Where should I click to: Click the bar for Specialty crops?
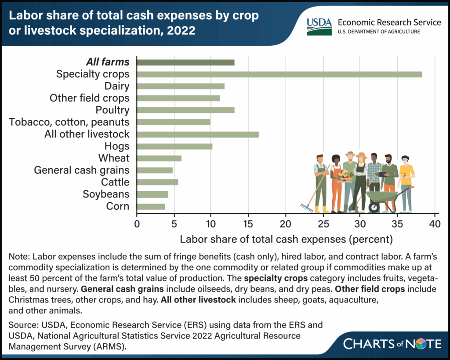click(x=279, y=74)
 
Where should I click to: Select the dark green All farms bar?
click(x=185, y=62)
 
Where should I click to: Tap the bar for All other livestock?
click(x=197, y=134)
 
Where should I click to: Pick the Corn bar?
click(x=151, y=206)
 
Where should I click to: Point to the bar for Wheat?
click(x=159, y=158)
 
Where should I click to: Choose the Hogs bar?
click(x=174, y=146)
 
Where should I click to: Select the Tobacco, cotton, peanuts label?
click(x=69, y=122)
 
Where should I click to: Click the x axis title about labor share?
click(x=286, y=240)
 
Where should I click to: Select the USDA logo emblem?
click(x=319, y=26)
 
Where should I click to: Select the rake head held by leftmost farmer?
click(x=305, y=207)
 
